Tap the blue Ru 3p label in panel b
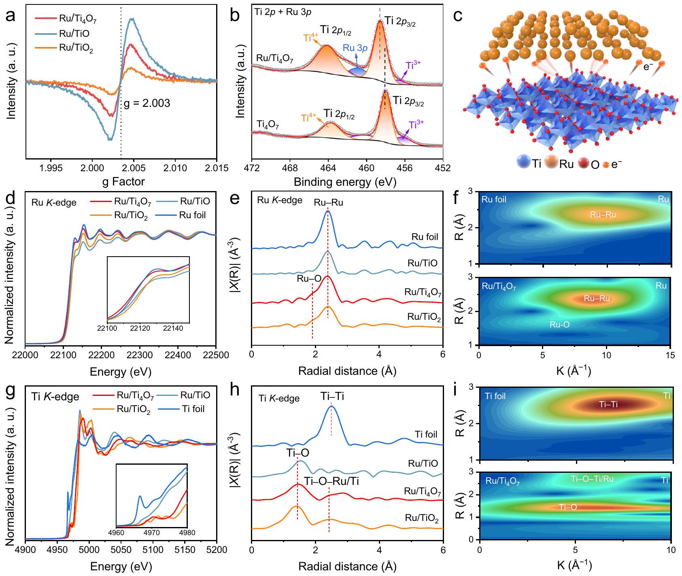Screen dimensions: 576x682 coord(355,48)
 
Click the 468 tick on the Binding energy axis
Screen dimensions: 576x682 coord(290,168)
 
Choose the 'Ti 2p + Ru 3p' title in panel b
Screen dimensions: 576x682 coord(283,12)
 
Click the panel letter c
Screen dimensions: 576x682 coord(458,16)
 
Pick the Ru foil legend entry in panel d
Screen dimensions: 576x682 coord(192,215)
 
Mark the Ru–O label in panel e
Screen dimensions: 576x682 coord(309,278)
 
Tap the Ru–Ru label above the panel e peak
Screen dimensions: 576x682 coord(328,202)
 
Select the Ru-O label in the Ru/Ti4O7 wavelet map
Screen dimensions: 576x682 coord(559,325)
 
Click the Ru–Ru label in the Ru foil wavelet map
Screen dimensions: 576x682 coord(603,215)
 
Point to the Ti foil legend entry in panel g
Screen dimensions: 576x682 coord(193,409)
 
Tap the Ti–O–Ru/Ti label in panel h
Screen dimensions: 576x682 coord(331,481)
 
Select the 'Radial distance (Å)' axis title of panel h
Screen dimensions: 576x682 coord(347,566)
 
